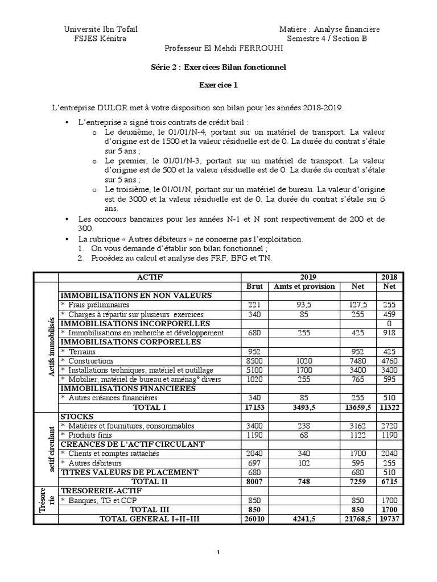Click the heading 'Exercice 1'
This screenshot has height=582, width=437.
pos(218,86)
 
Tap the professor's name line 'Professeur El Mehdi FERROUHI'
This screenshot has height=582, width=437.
pos(223,49)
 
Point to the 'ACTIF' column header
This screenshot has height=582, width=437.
pos(150,277)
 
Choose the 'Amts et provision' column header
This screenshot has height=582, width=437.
pos(304,286)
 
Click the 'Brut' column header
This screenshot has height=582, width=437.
pos(254,286)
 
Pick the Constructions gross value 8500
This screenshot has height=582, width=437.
pos(254,361)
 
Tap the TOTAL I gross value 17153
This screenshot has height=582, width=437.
pos(254,407)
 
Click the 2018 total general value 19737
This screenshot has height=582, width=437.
pos(389,518)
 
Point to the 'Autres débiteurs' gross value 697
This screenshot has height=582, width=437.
pos(254,463)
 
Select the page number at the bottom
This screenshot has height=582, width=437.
pos(218,552)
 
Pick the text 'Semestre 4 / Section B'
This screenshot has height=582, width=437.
pos(327,39)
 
